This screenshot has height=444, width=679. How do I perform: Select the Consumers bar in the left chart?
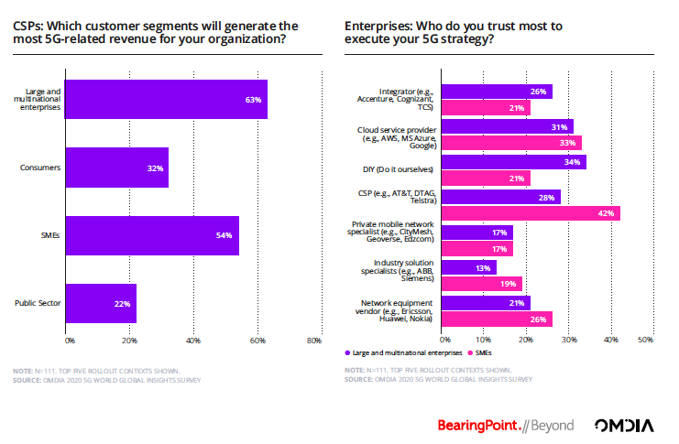pos(117,168)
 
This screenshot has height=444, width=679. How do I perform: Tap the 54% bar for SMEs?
pos(153,236)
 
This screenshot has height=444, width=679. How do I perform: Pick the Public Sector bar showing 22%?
pos(102,304)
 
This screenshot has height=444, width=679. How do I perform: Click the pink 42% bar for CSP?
pos(531,213)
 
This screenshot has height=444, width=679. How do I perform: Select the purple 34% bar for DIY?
pos(513,162)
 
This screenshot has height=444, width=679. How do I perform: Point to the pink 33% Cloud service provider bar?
pos(511,143)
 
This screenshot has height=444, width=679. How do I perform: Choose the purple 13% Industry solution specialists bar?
pos(469,267)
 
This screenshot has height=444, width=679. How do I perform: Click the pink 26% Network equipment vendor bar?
pos(497,319)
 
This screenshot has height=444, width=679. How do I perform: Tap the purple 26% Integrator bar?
pos(497,92)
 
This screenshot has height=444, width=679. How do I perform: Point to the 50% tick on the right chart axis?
pos(644,341)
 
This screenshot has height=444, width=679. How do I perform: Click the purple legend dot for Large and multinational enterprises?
pos(349,352)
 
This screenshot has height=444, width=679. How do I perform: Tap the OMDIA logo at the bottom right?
pos(625,425)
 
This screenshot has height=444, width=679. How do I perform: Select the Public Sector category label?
pos(39,303)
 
